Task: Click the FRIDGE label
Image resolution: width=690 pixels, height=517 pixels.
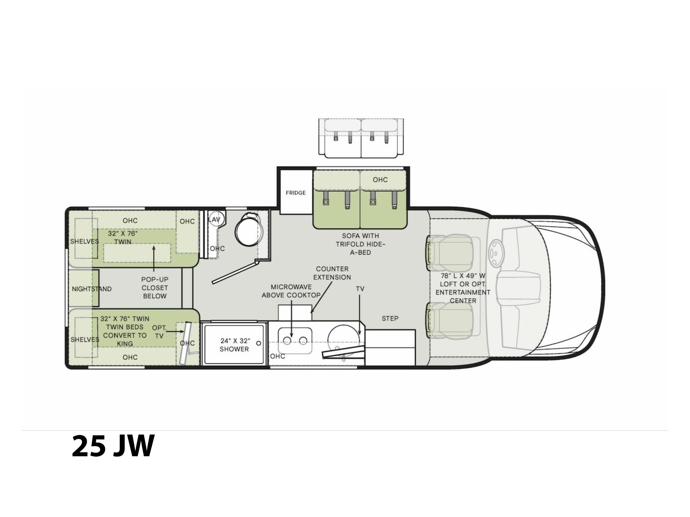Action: pyautogui.click(x=295, y=193)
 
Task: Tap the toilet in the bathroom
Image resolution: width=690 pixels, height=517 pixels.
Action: pyautogui.click(x=249, y=230)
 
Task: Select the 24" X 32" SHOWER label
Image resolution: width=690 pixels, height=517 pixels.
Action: pyautogui.click(x=235, y=345)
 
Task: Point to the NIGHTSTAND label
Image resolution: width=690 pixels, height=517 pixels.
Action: pyautogui.click(x=91, y=289)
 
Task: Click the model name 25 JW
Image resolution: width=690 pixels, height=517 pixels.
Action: pyautogui.click(x=113, y=446)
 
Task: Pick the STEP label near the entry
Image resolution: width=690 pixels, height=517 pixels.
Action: pyautogui.click(x=390, y=318)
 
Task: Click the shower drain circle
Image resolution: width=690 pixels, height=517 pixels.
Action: pyautogui.click(x=258, y=343)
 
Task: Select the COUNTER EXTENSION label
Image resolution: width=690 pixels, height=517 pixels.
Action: pyautogui.click(x=332, y=273)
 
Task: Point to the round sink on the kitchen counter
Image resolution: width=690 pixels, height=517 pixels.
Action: pyautogui.click(x=344, y=340)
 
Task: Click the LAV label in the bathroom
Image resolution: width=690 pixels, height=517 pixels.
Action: pyautogui.click(x=214, y=219)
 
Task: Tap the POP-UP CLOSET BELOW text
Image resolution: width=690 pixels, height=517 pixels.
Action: pyautogui.click(x=154, y=287)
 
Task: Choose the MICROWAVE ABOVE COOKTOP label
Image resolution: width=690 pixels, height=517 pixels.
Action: pyautogui.click(x=291, y=291)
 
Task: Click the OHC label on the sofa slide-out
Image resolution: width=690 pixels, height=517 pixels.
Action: pyautogui.click(x=380, y=180)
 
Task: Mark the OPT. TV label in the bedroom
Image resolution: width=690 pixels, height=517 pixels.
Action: pyautogui.click(x=159, y=332)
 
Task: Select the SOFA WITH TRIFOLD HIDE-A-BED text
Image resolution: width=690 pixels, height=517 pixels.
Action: pyautogui.click(x=360, y=244)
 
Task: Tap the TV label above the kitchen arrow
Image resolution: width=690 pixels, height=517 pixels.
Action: pyautogui.click(x=360, y=289)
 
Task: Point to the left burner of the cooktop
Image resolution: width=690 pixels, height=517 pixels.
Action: pyautogui.click(x=287, y=341)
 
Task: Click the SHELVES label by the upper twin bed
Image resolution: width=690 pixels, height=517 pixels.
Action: pyautogui.click(x=84, y=241)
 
